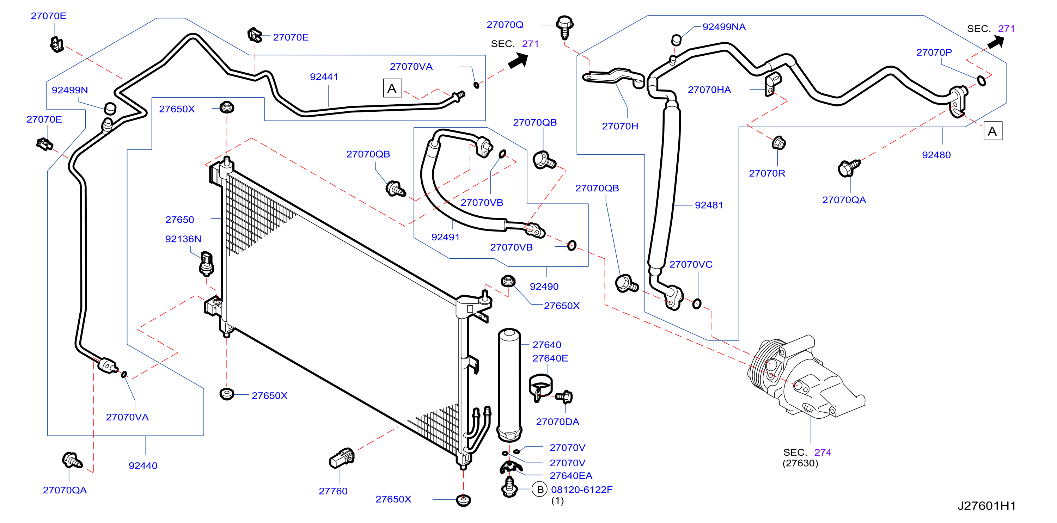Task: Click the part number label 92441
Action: coord(324,77)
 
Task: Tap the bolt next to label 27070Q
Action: coord(564,27)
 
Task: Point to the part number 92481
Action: coord(709,205)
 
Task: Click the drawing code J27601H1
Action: coord(986,505)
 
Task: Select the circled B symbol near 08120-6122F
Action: coord(540,490)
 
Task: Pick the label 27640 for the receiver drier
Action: coord(546,345)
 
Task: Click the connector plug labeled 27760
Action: coord(342,457)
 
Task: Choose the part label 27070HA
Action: coord(709,90)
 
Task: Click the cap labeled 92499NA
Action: coord(676,40)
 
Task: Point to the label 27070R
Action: coord(767,173)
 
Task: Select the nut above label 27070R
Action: coord(778,143)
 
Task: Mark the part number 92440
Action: coord(143,466)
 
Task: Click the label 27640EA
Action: coord(571,475)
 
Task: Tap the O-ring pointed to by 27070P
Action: coord(981,81)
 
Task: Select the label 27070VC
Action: coord(691,265)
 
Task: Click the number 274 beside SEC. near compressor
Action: coord(823,452)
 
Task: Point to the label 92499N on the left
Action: coord(70,90)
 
